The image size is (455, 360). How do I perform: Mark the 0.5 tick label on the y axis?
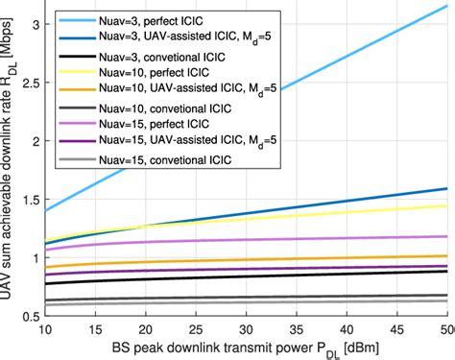(28, 316)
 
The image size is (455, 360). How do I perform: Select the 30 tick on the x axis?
(246, 329)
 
